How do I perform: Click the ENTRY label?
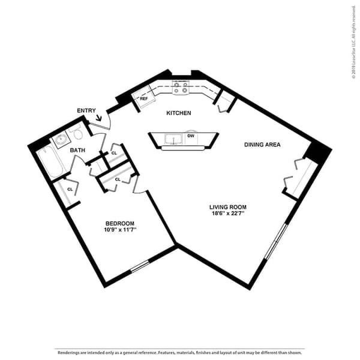[x=86, y=110]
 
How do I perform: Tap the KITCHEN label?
[x=179, y=113]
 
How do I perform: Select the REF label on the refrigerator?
[x=144, y=98]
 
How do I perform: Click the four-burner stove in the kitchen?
[x=181, y=88]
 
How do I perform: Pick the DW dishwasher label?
[x=190, y=136]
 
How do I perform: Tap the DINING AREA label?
[x=262, y=145]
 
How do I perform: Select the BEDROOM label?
[x=119, y=223]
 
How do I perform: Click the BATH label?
[x=77, y=150]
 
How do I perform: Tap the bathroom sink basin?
[x=61, y=141]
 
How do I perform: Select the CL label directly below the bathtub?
[x=70, y=190]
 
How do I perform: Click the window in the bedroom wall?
[x=140, y=266]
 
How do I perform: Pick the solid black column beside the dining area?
[x=318, y=152]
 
